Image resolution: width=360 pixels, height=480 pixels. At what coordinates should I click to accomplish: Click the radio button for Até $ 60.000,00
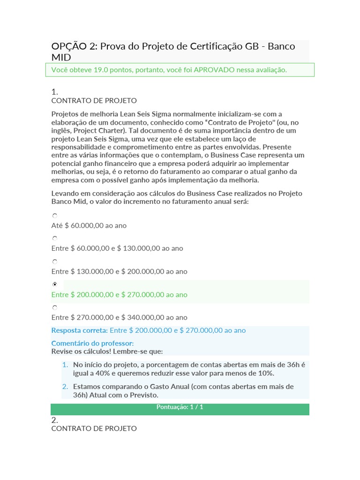tap(55, 216)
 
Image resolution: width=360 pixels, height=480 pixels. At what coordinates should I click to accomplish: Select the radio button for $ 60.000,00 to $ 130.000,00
tap(55, 239)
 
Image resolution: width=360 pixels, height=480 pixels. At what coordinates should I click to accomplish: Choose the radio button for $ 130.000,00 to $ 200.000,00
tap(55, 262)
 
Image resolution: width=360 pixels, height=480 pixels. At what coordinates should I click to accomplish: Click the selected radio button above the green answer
tap(55, 285)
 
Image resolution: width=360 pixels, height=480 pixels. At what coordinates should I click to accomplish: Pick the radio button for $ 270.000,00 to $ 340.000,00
tap(55, 307)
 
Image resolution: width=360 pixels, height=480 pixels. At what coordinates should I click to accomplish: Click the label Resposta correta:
tap(79, 330)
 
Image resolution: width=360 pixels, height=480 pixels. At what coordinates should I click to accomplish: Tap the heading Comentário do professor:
tap(92, 343)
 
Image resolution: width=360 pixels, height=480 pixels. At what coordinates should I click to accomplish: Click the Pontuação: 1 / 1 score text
tap(180, 407)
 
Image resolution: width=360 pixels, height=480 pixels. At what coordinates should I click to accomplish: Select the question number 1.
tap(54, 91)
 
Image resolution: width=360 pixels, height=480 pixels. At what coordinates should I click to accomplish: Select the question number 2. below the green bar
tap(54, 420)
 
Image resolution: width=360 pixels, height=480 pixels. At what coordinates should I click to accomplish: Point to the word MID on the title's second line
tap(61, 57)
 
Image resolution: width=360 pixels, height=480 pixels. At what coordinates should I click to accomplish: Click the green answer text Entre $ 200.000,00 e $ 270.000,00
tap(119, 294)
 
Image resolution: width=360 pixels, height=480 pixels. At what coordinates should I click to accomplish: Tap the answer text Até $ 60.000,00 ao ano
tap(89, 225)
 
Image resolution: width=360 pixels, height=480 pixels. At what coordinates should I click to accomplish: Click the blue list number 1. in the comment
tap(65, 365)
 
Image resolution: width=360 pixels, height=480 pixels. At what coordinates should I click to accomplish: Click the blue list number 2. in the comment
tap(65, 387)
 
